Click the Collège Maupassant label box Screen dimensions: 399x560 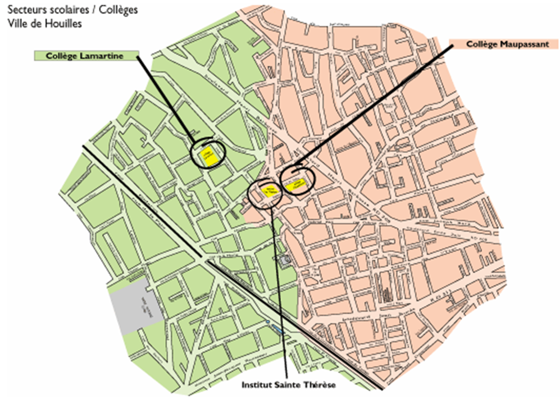click(507, 44)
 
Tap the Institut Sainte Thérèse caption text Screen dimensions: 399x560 click(288, 386)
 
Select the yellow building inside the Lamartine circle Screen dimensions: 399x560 click(207, 153)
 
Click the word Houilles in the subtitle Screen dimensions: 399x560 click(66, 24)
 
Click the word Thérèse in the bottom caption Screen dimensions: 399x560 click(319, 386)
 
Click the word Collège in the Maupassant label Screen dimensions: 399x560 click(482, 44)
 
